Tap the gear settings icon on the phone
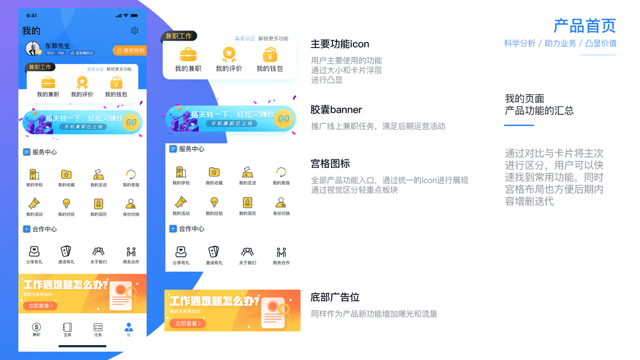[x=134, y=31]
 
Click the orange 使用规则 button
[x=130, y=50]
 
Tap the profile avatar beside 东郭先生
[x=33, y=49]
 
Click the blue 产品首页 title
[x=584, y=26]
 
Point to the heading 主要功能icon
[x=339, y=44]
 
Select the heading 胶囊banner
[x=336, y=110]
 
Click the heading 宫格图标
[x=330, y=164]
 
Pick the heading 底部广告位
[x=335, y=298]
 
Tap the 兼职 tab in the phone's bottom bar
[x=37, y=329]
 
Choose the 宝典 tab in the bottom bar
[x=67, y=329]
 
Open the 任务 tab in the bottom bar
[x=98, y=329]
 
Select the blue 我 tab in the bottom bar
[x=128, y=329]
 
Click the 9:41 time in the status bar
[x=32, y=16]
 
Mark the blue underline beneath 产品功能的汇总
[x=519, y=125]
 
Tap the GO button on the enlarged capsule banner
[x=283, y=119]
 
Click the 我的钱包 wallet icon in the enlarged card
[x=270, y=55]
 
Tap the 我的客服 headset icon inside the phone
[x=131, y=175]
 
